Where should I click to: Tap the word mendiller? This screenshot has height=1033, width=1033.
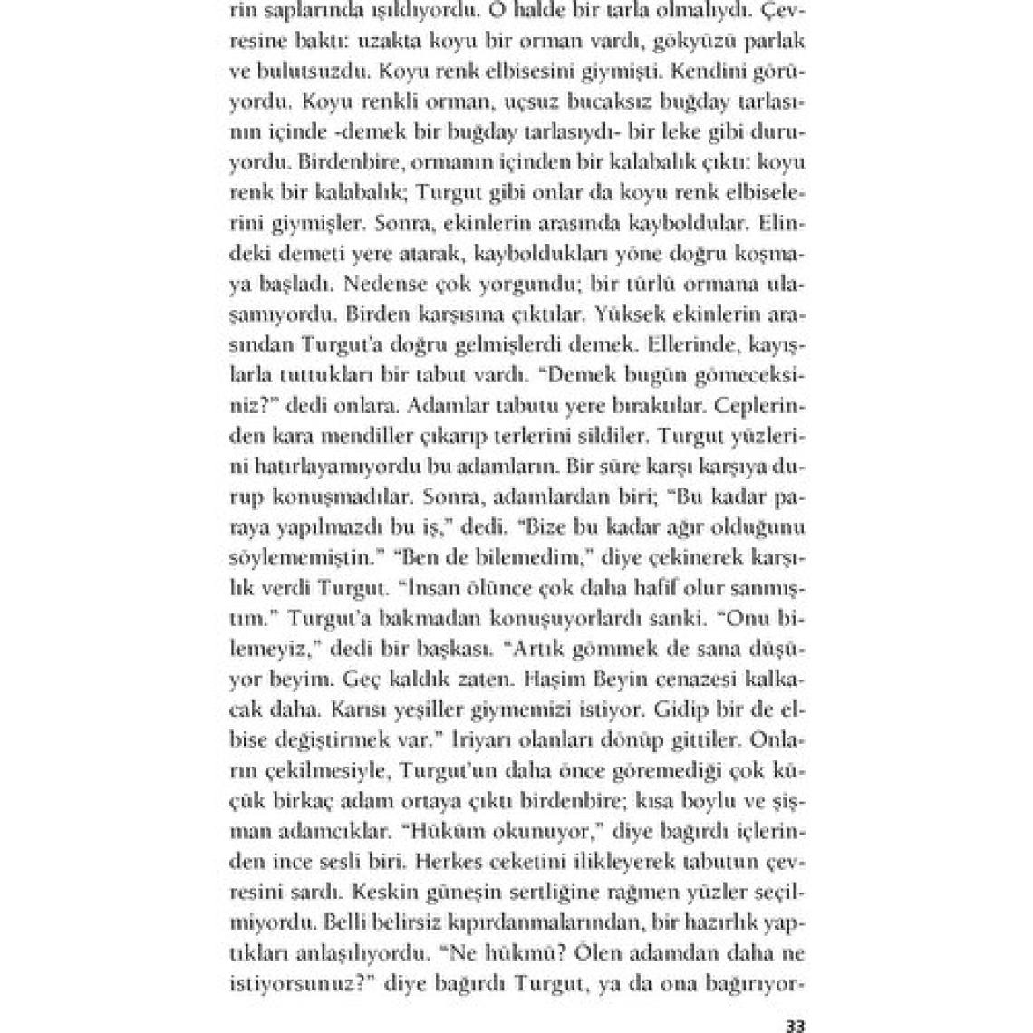point(371,434)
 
